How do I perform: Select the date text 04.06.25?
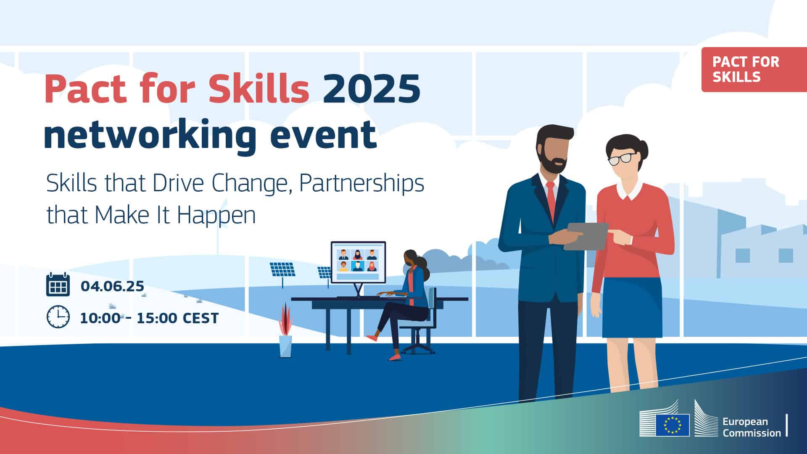(x=112, y=286)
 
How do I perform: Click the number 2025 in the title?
(x=372, y=89)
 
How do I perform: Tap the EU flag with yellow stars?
(x=672, y=425)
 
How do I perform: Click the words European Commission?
(x=752, y=427)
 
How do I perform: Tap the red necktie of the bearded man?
(x=551, y=201)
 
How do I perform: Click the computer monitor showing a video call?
(x=358, y=262)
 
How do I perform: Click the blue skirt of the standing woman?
(x=632, y=307)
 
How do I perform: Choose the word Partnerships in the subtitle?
(x=361, y=184)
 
